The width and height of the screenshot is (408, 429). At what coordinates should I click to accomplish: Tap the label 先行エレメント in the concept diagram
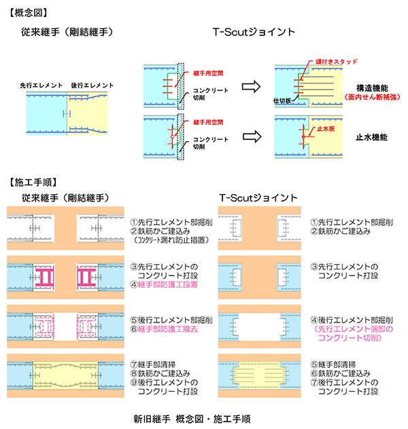[x=41, y=85]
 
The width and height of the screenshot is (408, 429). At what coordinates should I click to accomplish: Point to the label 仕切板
[x=282, y=101]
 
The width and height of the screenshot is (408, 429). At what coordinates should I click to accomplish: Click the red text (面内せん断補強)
[x=371, y=98]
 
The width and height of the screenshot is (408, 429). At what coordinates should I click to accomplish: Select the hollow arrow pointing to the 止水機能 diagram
[x=252, y=136]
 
